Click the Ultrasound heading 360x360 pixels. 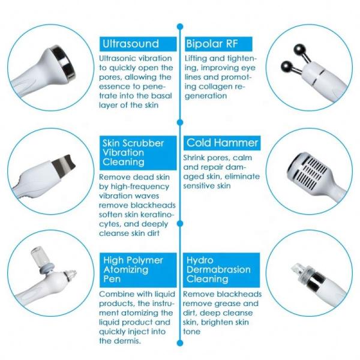click(130, 44)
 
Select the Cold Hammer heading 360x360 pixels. click(222, 143)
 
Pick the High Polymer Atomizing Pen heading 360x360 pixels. click(133, 270)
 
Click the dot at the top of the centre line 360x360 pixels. click(180, 26)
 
